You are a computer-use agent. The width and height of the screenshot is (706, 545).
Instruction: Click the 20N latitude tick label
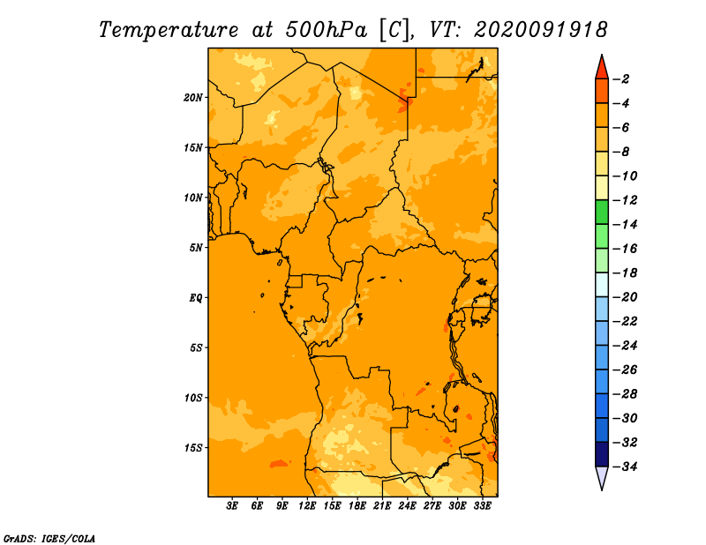pos(192,98)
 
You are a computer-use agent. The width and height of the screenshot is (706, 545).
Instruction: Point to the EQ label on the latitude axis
pos(195,298)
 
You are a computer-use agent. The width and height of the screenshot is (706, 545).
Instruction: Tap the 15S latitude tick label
pos(192,448)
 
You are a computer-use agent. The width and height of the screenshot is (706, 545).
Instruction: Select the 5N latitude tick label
pos(195,248)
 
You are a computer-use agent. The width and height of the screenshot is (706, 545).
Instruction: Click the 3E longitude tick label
pos(232,505)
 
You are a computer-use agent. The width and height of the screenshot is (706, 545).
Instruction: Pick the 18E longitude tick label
pos(357,505)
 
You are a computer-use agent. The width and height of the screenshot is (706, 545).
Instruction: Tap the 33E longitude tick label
pos(482,505)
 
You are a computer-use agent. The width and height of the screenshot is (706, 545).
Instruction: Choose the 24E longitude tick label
pos(407,505)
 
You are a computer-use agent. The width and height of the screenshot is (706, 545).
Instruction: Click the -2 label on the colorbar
pos(621,79)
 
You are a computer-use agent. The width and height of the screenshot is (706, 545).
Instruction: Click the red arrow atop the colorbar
pos(602,69)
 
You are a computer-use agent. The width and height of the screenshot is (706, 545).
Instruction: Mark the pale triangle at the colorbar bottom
pos(602,477)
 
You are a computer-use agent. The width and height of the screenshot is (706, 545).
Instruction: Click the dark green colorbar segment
pos(602,213)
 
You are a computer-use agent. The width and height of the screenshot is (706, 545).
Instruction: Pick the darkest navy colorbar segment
pos(602,454)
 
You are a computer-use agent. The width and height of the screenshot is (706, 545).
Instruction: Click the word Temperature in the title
pos(169,31)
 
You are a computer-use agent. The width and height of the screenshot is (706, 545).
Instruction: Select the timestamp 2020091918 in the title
pos(541,30)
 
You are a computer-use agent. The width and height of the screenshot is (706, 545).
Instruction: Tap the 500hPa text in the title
pos(327,30)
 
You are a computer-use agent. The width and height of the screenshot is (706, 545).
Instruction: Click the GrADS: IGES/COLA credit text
pos(49,539)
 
